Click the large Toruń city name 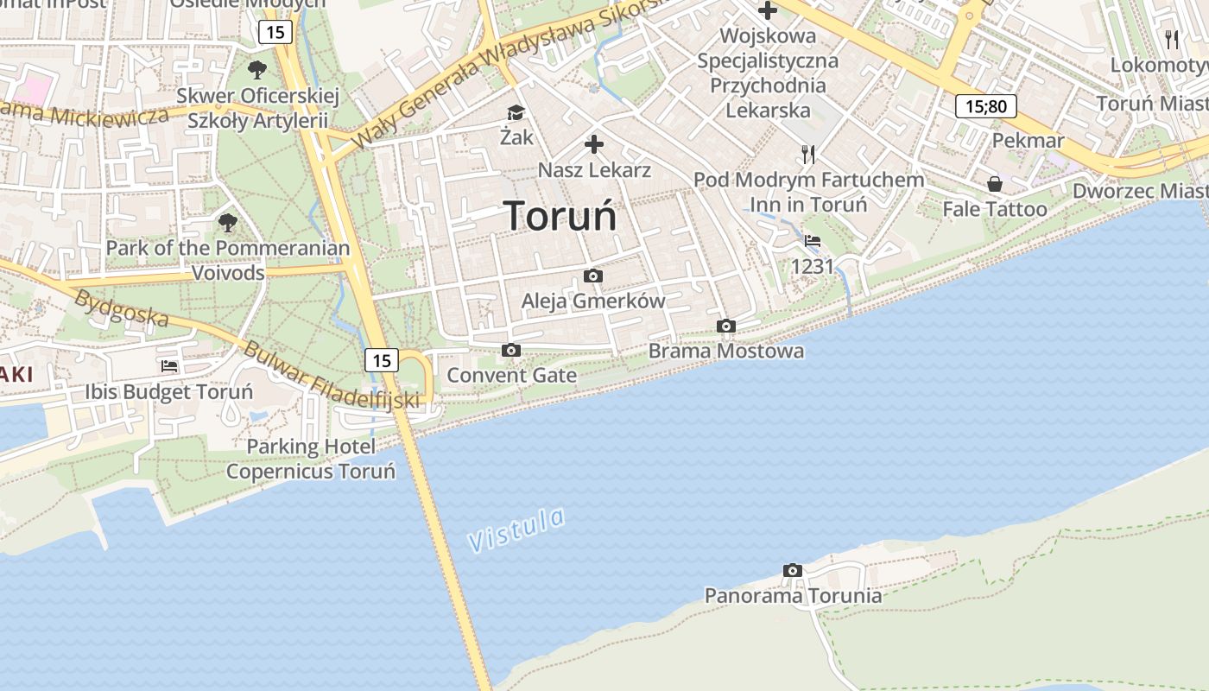pyautogui.click(x=560, y=216)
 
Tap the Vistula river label pyautogui.click(x=516, y=529)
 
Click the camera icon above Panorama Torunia pyautogui.click(x=793, y=570)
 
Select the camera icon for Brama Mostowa pyautogui.click(x=726, y=326)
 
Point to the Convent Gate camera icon pyautogui.click(x=511, y=350)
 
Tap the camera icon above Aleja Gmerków pyautogui.click(x=593, y=276)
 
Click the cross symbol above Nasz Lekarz pyautogui.click(x=594, y=144)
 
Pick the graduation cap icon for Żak pyautogui.click(x=516, y=112)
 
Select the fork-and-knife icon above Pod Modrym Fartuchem pyautogui.click(x=808, y=155)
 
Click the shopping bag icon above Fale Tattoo pyautogui.click(x=995, y=184)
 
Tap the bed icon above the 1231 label pyautogui.click(x=813, y=241)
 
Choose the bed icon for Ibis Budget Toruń pyautogui.click(x=169, y=366)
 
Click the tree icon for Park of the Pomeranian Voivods pyautogui.click(x=228, y=223)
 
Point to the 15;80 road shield pyautogui.click(x=985, y=106)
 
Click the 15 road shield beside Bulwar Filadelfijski pyautogui.click(x=382, y=359)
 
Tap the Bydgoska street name pyautogui.click(x=121, y=308)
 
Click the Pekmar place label pyautogui.click(x=1029, y=140)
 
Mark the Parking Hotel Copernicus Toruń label pyautogui.click(x=311, y=459)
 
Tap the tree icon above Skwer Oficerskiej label pyautogui.click(x=256, y=69)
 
